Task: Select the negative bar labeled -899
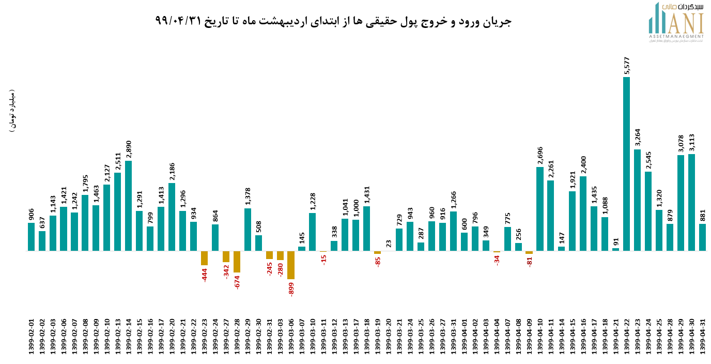point(291,265)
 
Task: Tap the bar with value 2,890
point(128,206)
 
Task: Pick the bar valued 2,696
point(539,209)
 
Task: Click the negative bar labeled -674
point(237,262)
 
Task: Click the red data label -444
point(205,275)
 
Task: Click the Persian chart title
point(333,21)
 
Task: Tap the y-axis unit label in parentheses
point(12,112)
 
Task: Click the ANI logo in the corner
point(676,23)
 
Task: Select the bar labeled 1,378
point(248,230)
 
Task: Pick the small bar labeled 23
point(389,250)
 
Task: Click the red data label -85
point(378,262)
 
